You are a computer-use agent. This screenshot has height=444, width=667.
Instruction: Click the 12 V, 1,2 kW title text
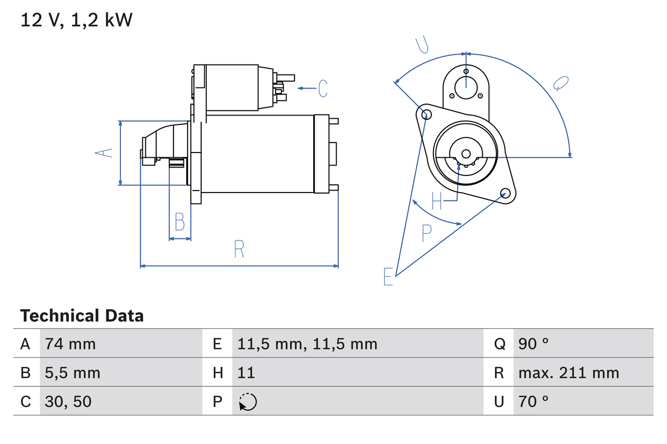[x=77, y=20]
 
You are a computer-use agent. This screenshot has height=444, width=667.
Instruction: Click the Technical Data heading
[x=82, y=315]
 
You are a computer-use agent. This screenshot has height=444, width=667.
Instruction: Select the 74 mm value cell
[x=70, y=344]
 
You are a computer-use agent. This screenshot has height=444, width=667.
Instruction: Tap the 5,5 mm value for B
[x=72, y=373]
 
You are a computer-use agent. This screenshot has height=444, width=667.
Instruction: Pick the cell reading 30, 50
[x=68, y=401]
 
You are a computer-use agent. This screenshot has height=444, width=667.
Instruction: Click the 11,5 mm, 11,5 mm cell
[x=307, y=344]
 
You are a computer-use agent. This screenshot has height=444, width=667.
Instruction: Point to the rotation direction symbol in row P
[x=248, y=402]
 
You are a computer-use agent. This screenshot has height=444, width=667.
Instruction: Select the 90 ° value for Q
[x=534, y=344]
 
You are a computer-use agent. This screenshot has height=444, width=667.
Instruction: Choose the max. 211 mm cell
[x=569, y=373]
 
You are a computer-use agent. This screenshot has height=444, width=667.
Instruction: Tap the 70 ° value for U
[x=534, y=401]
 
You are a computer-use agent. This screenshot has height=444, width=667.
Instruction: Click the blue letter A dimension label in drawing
[x=104, y=153]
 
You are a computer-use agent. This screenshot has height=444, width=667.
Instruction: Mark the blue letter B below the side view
[x=180, y=222]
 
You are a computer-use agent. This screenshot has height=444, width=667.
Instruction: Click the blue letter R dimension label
[x=239, y=249]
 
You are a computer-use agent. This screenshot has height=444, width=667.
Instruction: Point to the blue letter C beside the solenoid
[x=323, y=88]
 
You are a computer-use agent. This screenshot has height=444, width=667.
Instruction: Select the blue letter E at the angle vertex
[x=388, y=276]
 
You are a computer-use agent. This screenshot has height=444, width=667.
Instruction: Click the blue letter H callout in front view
[x=437, y=201]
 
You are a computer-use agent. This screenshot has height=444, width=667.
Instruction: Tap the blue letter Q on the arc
[x=561, y=83]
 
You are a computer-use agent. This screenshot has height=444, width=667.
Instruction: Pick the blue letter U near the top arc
[x=422, y=46]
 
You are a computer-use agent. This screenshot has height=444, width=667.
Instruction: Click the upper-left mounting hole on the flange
[x=426, y=115]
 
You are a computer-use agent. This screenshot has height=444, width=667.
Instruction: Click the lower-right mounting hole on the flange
[x=504, y=194]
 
